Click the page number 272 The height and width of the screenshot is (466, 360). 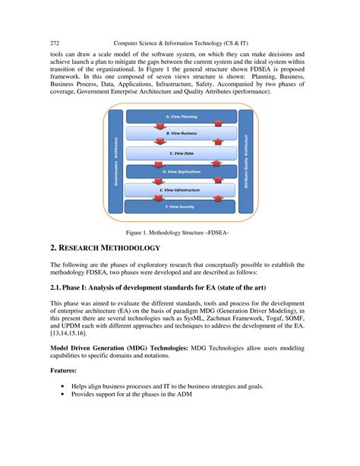pyautogui.click(x=55, y=43)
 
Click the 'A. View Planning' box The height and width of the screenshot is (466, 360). pyautogui.click(x=181, y=117)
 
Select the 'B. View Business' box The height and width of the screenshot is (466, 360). pyautogui.click(x=181, y=134)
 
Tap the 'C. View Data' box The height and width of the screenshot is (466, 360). pyautogui.click(x=181, y=153)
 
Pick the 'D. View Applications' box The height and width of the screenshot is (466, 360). pyautogui.click(x=181, y=172)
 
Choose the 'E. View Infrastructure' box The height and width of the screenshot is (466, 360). pyautogui.click(x=181, y=189)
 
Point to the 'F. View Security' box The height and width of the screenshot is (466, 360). pyautogui.click(x=181, y=206)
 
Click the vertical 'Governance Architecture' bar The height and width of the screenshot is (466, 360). pyautogui.click(x=115, y=160)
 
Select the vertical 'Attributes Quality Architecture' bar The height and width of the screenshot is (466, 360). pyautogui.click(x=247, y=160)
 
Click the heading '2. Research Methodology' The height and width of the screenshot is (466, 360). pyautogui.click(x=105, y=249)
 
